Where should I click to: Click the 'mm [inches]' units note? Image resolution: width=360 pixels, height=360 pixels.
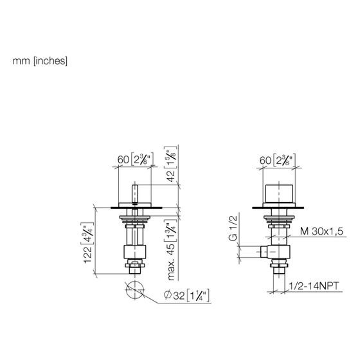tap(40, 61)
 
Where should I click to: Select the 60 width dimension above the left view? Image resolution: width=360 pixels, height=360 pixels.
tap(135, 159)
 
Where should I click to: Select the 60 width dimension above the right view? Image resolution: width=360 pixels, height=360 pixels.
tap(277, 159)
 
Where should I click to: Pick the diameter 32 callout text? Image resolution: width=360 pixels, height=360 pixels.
tap(186, 295)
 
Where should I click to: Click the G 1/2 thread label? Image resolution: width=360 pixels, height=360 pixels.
tap(233, 228)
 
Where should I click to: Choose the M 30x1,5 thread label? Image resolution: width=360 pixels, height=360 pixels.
tap(321, 231)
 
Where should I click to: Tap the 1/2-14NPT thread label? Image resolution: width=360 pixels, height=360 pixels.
tap(314, 286)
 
